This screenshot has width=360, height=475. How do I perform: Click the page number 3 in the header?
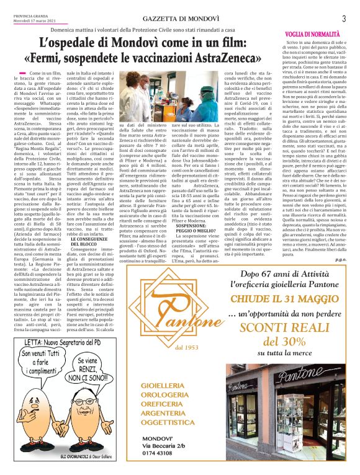pyautogui.click(x=343, y=18)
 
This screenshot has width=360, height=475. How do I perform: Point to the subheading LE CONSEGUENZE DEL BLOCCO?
pyautogui.click(x=91, y=242)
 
